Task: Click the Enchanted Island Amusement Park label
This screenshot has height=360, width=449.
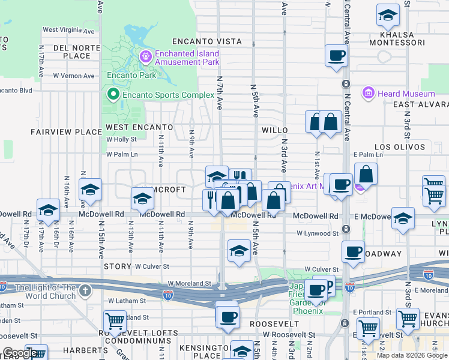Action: tap(187, 58)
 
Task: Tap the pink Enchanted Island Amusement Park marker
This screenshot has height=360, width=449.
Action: tap(145, 57)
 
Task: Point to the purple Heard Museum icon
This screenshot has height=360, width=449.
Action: tap(368, 93)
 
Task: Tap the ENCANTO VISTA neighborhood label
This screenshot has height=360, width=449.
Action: tap(206, 41)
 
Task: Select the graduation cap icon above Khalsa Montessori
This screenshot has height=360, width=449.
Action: tap(388, 15)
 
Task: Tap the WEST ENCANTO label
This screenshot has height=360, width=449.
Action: tap(139, 127)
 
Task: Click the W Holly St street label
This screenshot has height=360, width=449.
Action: tap(122, 139)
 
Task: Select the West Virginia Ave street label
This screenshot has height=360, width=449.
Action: tap(68, 30)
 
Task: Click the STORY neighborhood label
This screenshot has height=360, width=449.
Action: tap(117, 266)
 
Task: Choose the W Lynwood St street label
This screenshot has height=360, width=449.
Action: tap(318, 233)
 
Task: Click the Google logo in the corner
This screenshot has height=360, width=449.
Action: tap(19, 353)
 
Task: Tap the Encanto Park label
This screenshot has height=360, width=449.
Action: tap(131, 76)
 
